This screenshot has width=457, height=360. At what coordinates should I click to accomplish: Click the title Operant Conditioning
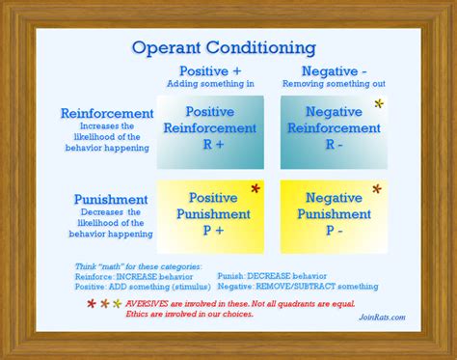pyautogui.click(x=223, y=47)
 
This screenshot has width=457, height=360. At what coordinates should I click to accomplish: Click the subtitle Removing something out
pyautogui.click(x=333, y=84)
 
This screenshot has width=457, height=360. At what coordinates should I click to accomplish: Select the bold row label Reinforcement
pyautogui.click(x=106, y=113)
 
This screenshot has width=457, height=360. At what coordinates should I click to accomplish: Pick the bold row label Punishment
pyautogui.click(x=110, y=199)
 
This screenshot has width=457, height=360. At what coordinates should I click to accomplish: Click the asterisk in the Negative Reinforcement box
pyautogui.click(x=378, y=104)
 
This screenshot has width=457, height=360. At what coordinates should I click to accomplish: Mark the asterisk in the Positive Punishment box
pyautogui.click(x=255, y=189)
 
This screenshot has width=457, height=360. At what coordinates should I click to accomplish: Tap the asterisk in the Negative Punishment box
pyautogui.click(x=377, y=189)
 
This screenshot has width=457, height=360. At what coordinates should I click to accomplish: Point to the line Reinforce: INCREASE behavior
pyautogui.click(x=125, y=275)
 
